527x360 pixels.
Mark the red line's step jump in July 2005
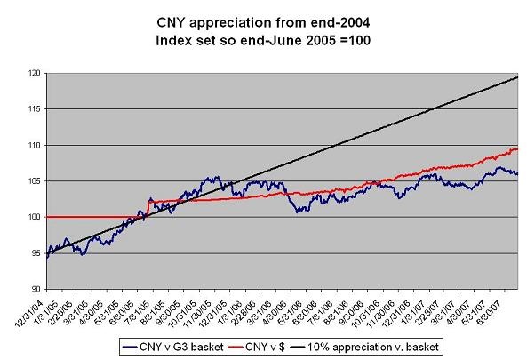click(x=146, y=210)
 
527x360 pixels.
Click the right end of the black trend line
click(x=519, y=77)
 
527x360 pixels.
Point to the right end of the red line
click(x=519, y=148)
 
